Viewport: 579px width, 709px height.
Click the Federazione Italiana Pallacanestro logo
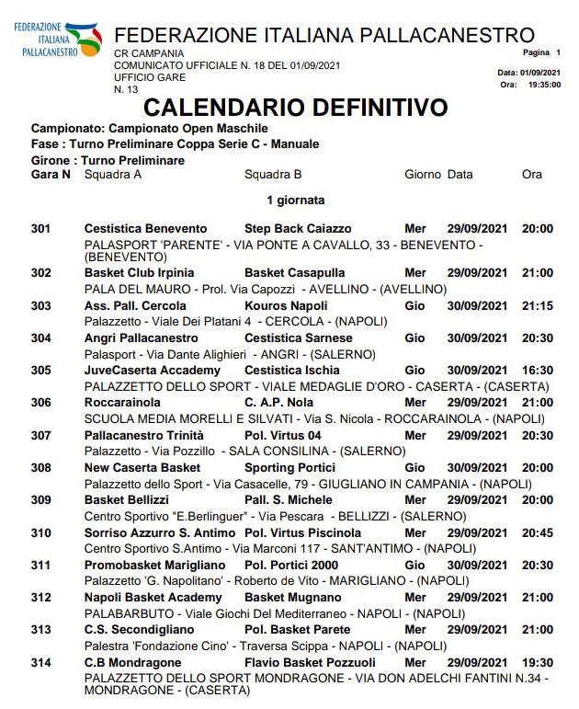coord(54,38)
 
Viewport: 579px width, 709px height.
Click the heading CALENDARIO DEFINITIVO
coord(295,108)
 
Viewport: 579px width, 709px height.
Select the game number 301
coord(40,229)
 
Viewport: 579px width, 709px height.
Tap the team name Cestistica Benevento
coord(145,229)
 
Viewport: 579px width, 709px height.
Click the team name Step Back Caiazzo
coord(298,229)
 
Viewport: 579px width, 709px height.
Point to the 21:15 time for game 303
coord(538,306)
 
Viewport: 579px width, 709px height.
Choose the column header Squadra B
coord(273,174)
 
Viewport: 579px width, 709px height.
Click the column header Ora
coord(531,174)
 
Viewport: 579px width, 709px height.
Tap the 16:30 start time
coord(538,371)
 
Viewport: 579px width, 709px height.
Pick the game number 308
coord(40,467)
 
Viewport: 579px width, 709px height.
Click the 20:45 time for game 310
coord(538,532)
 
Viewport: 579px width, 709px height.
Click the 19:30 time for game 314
coord(538,662)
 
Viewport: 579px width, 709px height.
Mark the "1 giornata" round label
coord(295,200)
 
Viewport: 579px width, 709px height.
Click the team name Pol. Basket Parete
coord(297,630)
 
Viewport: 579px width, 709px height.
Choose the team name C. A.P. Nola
coord(280,403)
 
